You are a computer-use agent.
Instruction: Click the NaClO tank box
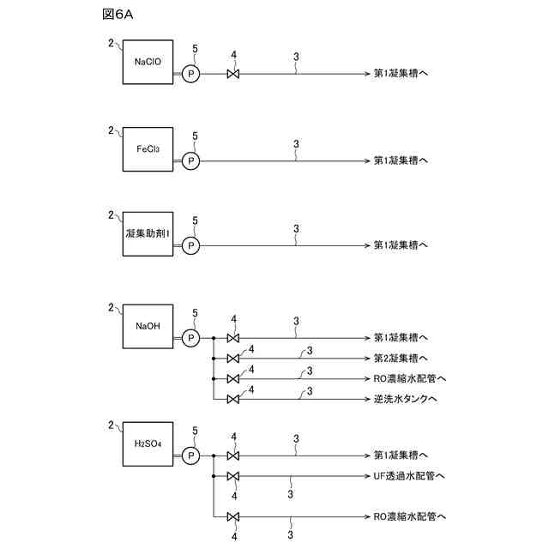pyautogui.click(x=148, y=62)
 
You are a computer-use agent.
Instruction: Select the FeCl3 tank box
pyautogui.click(x=148, y=148)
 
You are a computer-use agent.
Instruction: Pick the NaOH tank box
pyautogui.click(x=148, y=326)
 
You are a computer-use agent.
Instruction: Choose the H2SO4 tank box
pyautogui.click(x=148, y=443)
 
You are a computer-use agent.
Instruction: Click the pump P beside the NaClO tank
pyautogui.click(x=191, y=75)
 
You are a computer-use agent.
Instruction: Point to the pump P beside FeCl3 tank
pyautogui.click(x=191, y=160)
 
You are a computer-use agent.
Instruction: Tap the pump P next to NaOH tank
pyautogui.click(x=191, y=338)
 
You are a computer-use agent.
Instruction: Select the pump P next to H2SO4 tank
pyautogui.click(x=191, y=455)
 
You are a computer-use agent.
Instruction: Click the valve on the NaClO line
pyautogui.click(x=233, y=75)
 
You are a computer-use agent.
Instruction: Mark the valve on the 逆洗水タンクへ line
pyautogui.click(x=233, y=399)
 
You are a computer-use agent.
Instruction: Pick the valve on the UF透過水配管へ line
pyautogui.click(x=233, y=476)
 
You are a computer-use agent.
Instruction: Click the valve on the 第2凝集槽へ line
pyautogui.click(x=233, y=358)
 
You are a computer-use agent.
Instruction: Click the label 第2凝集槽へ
pyautogui.click(x=401, y=358)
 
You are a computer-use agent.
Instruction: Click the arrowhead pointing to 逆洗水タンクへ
pyautogui.click(x=365, y=399)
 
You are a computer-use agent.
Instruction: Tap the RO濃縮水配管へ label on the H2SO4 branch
pyautogui.click(x=409, y=516)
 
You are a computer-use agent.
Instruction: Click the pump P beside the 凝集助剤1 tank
pyautogui.click(x=191, y=245)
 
